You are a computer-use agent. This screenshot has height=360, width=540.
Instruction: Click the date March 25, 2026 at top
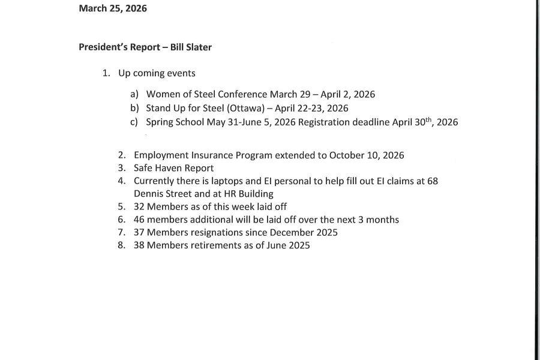pyautogui.click(x=113, y=8)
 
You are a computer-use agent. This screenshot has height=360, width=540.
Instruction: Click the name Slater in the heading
pyautogui.click(x=199, y=47)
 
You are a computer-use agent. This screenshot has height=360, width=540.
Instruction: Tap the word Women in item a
pyautogui.click(x=162, y=94)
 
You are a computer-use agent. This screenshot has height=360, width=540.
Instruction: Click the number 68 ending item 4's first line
pyautogui.click(x=432, y=181)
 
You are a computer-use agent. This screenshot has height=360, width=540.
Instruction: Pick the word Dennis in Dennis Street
pyautogui.click(x=148, y=194)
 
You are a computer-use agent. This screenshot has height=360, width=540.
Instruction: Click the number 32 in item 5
pyautogui.click(x=139, y=206)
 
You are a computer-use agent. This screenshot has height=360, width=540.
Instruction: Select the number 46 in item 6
pyautogui.click(x=139, y=220)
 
